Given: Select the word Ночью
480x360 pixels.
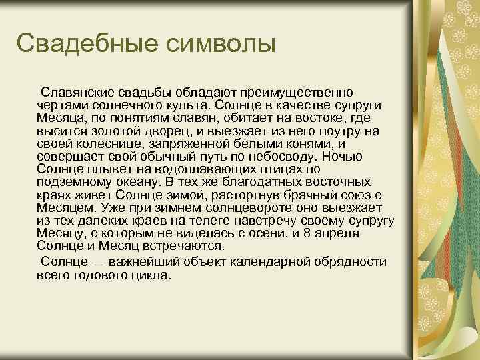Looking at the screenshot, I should (x=341, y=157).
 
